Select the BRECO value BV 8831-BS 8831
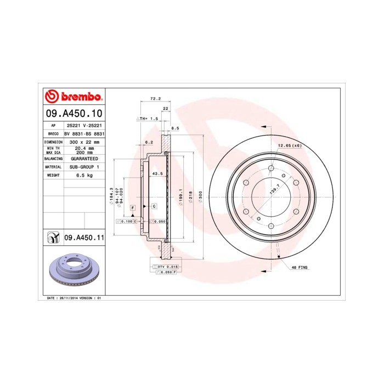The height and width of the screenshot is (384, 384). (84, 133)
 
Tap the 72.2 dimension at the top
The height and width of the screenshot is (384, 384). (155, 99)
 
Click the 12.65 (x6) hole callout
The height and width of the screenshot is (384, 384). (290, 145)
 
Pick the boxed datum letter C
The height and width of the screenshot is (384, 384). (154, 206)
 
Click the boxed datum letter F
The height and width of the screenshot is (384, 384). (132, 208)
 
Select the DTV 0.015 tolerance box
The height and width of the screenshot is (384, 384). (165, 266)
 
